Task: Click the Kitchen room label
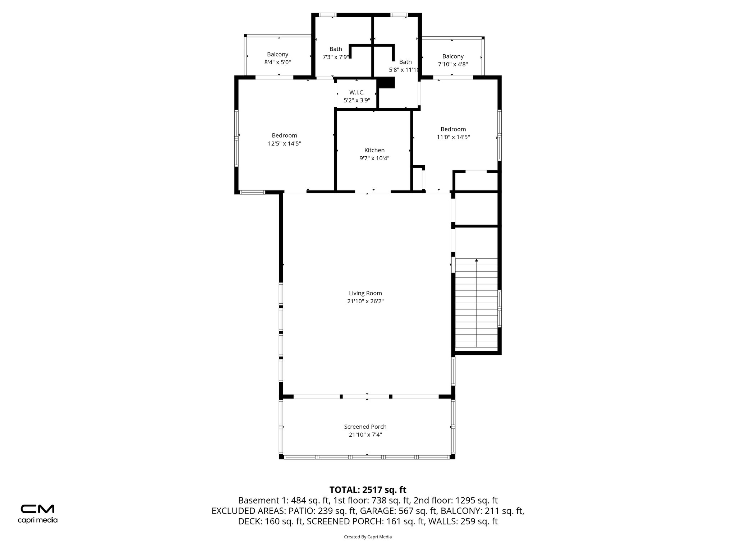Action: point(374,150)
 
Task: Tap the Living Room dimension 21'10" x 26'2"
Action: point(365,301)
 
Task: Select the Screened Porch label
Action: point(365,427)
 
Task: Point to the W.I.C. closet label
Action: point(356,93)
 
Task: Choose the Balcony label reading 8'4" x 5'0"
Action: point(277,62)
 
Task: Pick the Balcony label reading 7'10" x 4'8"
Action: point(453,64)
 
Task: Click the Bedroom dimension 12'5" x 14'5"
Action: point(284,143)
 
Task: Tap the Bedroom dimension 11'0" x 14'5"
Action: point(453,137)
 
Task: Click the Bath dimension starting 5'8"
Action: point(404,70)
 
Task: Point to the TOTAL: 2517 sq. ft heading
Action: point(368,490)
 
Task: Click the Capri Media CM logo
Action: point(37,509)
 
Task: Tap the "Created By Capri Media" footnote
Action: point(368,537)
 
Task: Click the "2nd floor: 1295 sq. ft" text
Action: point(455,500)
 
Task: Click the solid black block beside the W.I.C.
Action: point(387,83)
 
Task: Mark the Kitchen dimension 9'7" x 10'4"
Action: point(374,158)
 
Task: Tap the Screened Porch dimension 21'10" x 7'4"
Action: point(365,434)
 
